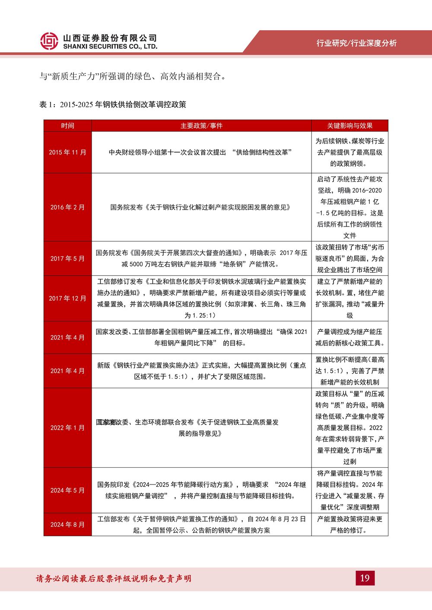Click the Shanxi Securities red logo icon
[49, 41]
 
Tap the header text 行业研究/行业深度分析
[356, 43]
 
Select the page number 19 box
[365, 578]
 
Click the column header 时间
[67, 126]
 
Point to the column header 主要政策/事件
[201, 126]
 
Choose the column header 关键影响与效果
[349, 126]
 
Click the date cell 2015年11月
[67, 152]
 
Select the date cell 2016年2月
[67, 207]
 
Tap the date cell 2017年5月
[67, 258]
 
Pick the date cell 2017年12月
[67, 298]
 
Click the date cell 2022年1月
[67, 428]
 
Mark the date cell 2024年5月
[67, 490]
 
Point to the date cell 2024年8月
[67, 525]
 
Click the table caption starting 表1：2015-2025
[113, 104]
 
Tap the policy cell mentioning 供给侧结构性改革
[201, 152]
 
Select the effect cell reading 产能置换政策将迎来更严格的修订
[349, 525]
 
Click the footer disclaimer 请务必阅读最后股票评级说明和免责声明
[113, 579]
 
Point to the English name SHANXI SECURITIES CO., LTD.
[110, 47]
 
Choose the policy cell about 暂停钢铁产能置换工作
[201, 525]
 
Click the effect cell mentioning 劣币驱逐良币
[349, 258]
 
